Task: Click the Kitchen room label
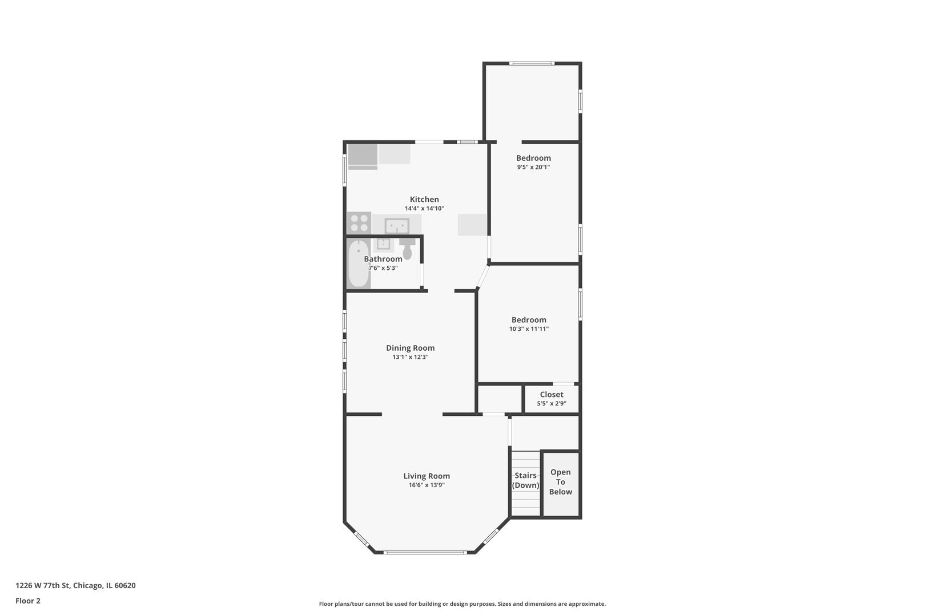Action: (424, 199)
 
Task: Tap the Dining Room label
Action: (410, 348)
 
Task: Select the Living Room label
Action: (427, 476)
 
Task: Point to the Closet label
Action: (551, 395)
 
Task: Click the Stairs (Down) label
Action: (525, 480)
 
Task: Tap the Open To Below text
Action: (560, 482)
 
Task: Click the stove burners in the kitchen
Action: (359, 223)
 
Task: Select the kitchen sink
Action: (397, 226)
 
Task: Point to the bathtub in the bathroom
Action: (359, 264)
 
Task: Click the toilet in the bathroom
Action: (407, 249)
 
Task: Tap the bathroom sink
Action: (383, 244)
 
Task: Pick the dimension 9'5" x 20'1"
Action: (533, 167)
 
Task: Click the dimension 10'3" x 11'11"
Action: (529, 329)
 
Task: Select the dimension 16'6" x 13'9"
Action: (427, 485)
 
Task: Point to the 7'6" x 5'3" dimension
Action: (383, 268)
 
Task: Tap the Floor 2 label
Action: (28, 601)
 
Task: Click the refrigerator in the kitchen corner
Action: (363, 156)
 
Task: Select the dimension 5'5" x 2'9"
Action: (551, 403)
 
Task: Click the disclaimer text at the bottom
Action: (462, 603)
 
